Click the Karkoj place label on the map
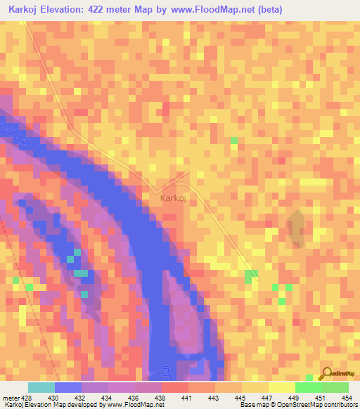pos(172,199)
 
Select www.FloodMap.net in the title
pos(244,9)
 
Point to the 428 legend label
pos(23,398)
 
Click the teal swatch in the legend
pos(41,387)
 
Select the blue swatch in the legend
pos(68,387)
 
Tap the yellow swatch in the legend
pos(282,387)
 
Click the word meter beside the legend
pos(8,398)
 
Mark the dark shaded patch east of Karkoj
pos(297,228)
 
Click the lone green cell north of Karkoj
pos(234,141)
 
